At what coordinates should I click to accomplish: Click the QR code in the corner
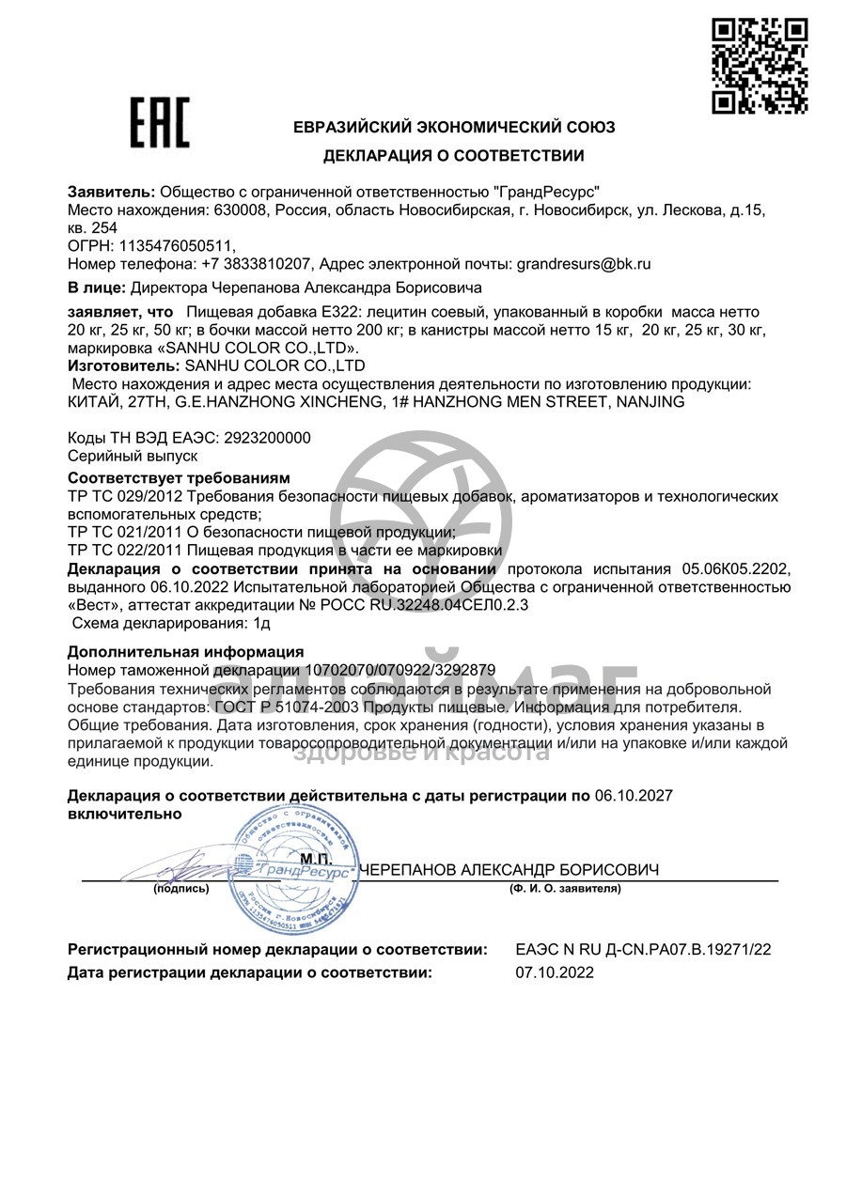tap(760, 66)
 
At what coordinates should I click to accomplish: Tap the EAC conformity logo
tap(159, 124)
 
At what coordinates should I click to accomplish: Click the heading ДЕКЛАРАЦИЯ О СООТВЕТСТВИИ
tap(453, 156)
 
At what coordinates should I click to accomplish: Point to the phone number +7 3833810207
tap(260, 264)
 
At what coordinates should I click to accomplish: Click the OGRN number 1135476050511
tap(172, 246)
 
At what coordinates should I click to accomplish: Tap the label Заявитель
tap(105, 192)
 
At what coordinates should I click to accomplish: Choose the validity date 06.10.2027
tap(634, 796)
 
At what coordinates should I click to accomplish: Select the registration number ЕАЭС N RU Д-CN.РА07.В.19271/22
tap(643, 950)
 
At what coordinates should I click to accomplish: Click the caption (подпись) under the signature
tap(180, 888)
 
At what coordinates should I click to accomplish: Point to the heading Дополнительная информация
tap(185, 651)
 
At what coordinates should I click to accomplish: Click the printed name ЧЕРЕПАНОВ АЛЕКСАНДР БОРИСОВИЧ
tap(509, 870)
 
